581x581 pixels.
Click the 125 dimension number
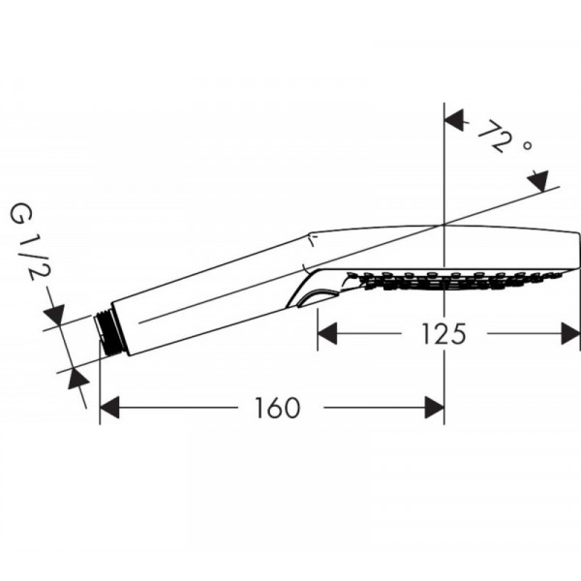443,334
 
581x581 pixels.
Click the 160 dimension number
277,408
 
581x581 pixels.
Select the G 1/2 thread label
30,243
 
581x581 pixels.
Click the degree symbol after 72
528,145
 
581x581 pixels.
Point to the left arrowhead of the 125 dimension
327,333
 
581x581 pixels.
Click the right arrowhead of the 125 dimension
570,333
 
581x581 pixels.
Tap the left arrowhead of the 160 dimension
109,408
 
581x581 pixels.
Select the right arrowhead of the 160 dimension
434,408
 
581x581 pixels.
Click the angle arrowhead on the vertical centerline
454,120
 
